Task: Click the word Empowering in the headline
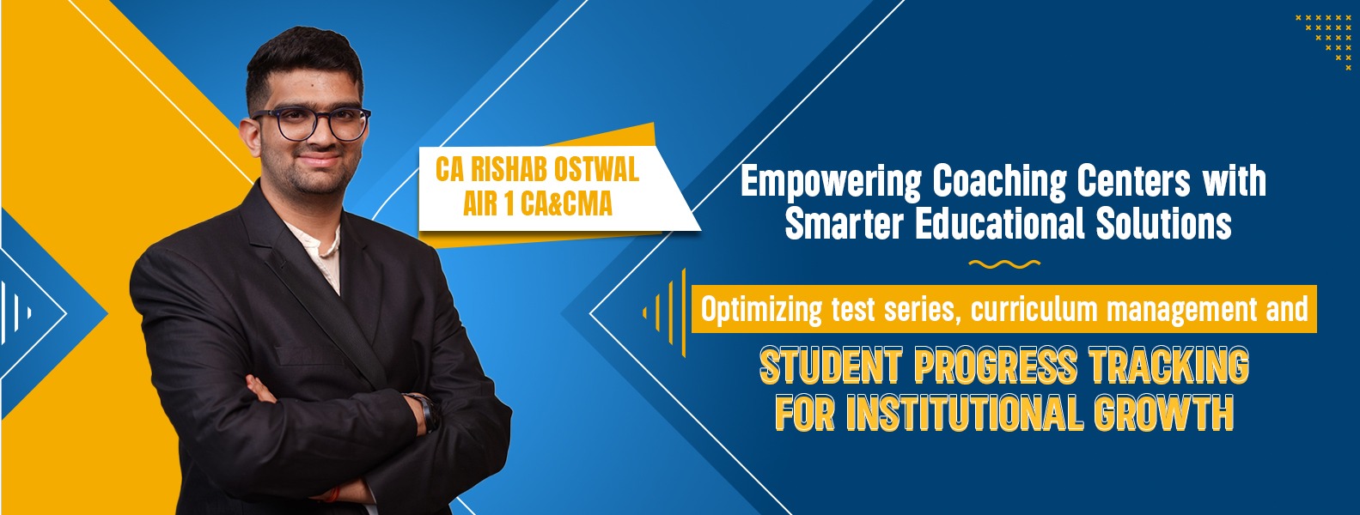pos(831,183)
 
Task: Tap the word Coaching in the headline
pos(999,181)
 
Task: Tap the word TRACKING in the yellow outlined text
pos(1169,367)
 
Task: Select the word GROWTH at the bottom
pos(1164,413)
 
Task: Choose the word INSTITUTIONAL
pos(965,413)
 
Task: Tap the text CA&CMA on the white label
pos(566,203)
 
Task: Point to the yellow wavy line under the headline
pos(1004,264)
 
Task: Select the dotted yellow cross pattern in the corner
pos(1323,40)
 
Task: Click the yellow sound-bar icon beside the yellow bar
pos(665,312)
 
